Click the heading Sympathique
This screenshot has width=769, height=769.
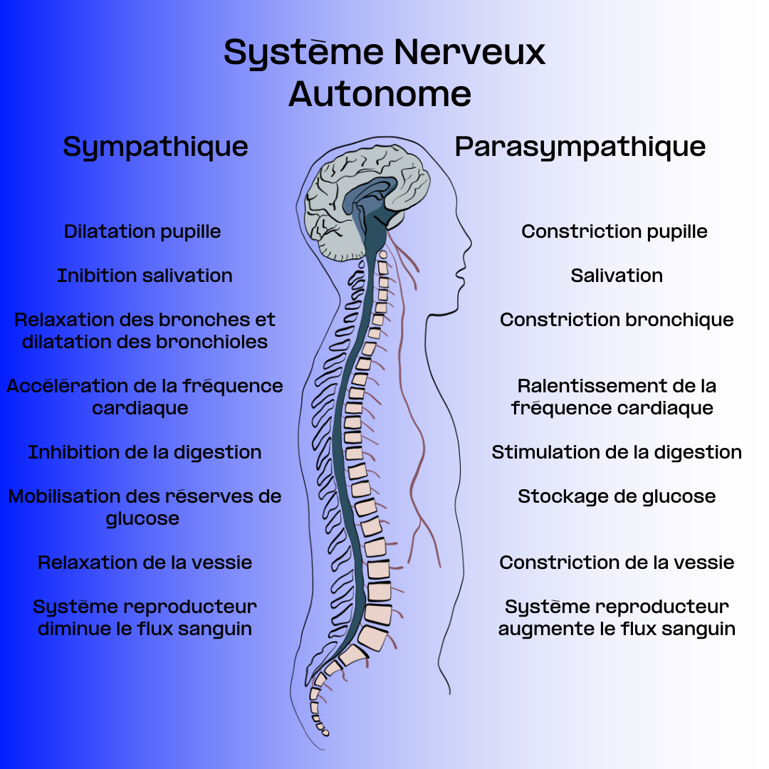155,147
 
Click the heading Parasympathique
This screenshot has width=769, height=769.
580,147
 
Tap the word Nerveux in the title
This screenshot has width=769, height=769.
469,52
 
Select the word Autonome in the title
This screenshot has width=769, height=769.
380,94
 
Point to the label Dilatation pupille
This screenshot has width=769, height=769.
142,231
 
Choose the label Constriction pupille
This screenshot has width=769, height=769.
614,231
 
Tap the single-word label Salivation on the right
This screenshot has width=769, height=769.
617,276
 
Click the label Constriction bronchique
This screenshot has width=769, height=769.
617,320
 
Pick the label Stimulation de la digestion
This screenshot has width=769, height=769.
617,452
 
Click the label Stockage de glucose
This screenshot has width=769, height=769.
617,496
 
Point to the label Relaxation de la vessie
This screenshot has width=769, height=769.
145,563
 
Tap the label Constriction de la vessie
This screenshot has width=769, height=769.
617,563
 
